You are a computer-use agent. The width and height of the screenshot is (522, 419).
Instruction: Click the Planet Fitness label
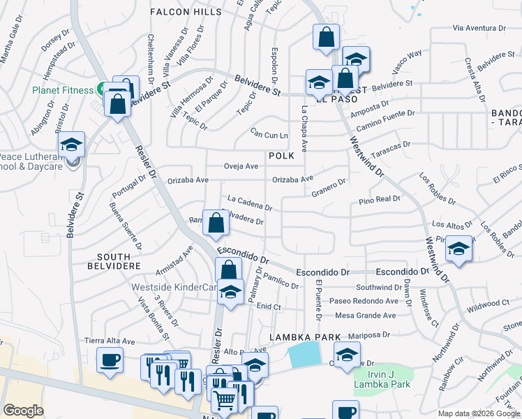tap(61, 90)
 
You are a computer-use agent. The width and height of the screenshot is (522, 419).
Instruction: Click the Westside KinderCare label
tap(173, 287)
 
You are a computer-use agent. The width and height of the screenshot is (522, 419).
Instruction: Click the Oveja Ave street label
tap(241, 166)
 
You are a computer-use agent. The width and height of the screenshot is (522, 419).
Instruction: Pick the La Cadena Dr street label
tap(249, 203)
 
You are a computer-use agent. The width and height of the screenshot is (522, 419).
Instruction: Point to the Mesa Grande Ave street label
tap(366, 315)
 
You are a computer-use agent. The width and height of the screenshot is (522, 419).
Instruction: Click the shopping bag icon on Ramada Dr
tap(216, 223)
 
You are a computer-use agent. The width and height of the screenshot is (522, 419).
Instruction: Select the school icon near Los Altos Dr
tap(458, 249)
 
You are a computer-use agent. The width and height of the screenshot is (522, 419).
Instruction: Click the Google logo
tap(24, 411)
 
